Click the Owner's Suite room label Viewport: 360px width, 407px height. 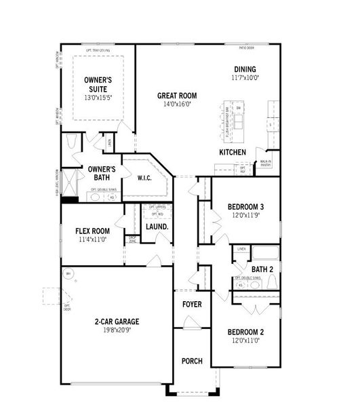pyautogui.click(x=98, y=84)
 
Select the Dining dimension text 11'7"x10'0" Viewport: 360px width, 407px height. pyautogui.click(x=245, y=78)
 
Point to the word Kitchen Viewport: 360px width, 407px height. pyautogui.click(x=233, y=153)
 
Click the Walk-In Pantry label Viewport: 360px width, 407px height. pyautogui.click(x=266, y=163)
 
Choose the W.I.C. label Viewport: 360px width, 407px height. pyautogui.click(x=144, y=178)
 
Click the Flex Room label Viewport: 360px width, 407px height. pyautogui.click(x=92, y=231)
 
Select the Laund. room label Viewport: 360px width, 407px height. pyautogui.click(x=157, y=226)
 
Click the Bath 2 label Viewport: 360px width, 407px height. pyautogui.click(x=262, y=269)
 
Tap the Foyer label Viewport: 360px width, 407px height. pyautogui.click(x=192, y=304)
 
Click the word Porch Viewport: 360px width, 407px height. pyautogui.click(x=192, y=360)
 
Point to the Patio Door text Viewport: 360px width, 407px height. pyautogui.click(x=247, y=49)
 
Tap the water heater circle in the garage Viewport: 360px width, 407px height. pyautogui.click(x=68, y=274)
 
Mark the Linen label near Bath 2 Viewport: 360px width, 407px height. pyautogui.click(x=241, y=250)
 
